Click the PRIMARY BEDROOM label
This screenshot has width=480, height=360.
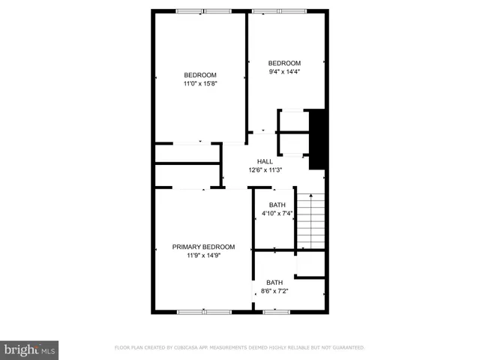point(203,247)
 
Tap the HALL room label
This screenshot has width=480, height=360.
point(265,161)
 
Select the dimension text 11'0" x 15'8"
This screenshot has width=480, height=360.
point(200,83)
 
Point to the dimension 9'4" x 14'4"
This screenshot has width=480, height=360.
point(284,71)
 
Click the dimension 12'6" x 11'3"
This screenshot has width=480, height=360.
point(265,170)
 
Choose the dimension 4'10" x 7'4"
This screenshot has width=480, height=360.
point(277,214)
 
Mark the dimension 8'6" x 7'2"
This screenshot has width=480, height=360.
point(274,291)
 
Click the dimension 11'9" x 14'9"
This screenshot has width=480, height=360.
point(203,256)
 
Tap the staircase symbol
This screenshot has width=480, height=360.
point(310,221)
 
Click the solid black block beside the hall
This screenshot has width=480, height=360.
point(316,139)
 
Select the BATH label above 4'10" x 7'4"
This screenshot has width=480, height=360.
point(277,205)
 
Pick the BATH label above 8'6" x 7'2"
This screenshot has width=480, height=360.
point(274,282)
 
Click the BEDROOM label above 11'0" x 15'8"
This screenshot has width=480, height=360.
point(200,74)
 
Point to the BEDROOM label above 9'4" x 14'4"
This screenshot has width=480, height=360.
point(284,62)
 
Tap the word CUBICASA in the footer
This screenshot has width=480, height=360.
point(197,348)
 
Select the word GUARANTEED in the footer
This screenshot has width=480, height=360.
point(347,348)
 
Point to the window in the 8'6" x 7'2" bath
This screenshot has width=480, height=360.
point(276,311)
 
